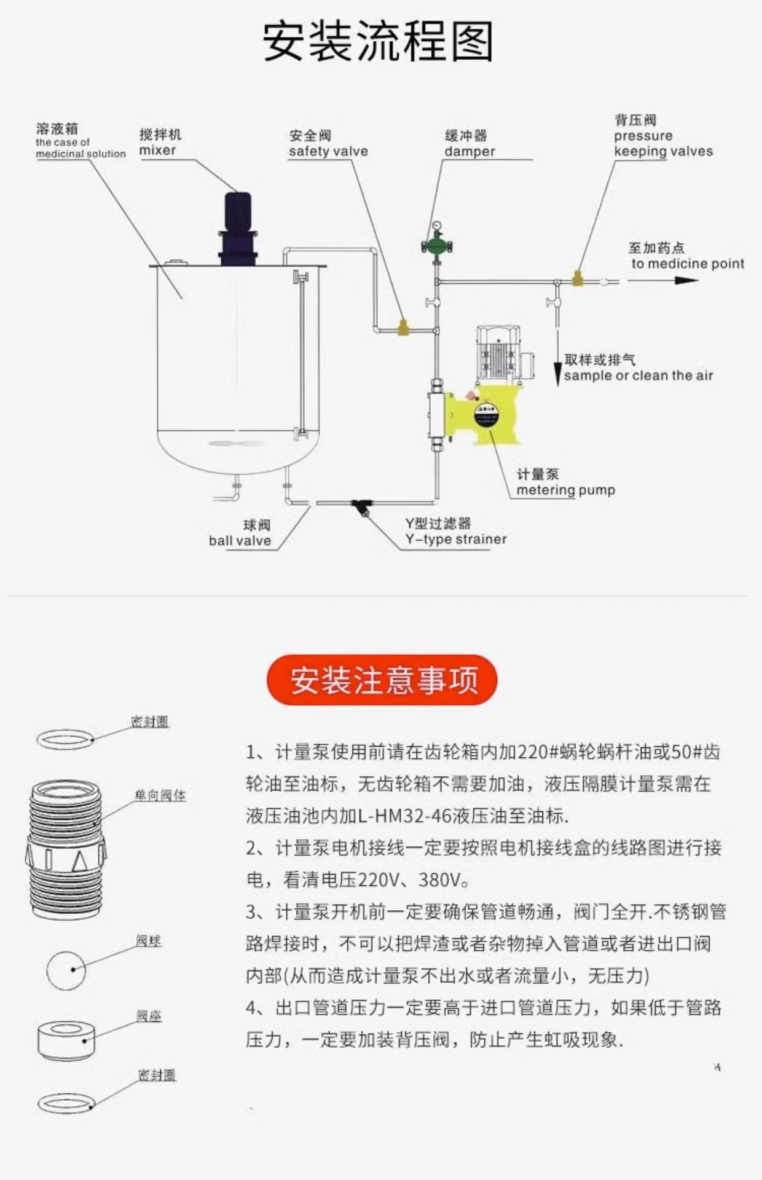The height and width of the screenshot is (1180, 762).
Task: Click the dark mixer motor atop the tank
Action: (238, 227)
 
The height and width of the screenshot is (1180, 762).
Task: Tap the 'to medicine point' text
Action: (687, 264)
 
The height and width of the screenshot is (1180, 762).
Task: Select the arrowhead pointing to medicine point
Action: (686, 281)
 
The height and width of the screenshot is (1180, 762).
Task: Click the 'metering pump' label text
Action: (565, 490)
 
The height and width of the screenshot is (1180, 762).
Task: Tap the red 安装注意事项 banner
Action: (382, 680)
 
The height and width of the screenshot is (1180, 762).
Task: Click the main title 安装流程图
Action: (379, 42)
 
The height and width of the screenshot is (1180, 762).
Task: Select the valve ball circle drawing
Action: (66, 970)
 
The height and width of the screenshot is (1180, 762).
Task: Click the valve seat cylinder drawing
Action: (66, 1040)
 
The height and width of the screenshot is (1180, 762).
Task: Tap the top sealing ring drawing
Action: (65, 739)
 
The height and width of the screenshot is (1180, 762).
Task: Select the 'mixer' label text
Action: (158, 151)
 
